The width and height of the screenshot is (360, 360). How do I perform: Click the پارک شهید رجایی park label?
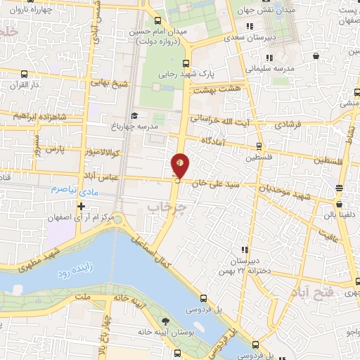point(212,73)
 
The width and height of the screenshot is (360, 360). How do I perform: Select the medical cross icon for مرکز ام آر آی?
point(82,206)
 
